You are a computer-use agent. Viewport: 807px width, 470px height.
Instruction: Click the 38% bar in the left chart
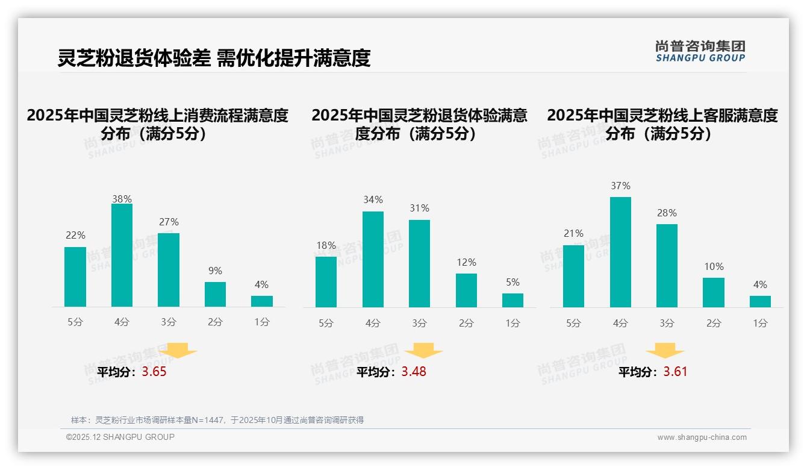[122, 255]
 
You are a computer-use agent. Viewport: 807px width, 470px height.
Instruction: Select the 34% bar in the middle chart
[373, 259]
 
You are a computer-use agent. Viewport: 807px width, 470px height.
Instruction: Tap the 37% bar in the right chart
[620, 252]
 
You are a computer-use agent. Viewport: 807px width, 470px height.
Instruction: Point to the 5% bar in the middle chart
[513, 300]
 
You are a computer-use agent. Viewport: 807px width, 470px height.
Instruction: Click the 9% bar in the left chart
[215, 294]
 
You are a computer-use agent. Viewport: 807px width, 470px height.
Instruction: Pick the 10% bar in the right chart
[713, 292]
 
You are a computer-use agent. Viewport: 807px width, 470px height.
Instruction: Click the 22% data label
[75, 235]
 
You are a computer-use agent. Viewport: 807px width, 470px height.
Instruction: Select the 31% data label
[419, 208]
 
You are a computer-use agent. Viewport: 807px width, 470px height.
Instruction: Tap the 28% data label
[667, 213]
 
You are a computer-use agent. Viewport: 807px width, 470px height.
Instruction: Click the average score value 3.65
[154, 372]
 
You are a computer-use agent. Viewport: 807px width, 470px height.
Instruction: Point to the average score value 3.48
[414, 372]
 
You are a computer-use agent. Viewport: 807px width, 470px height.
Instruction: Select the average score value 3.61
[675, 372]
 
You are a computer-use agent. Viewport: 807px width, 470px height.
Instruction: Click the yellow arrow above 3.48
[423, 351]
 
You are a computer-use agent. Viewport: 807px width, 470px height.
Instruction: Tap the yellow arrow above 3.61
[665, 351]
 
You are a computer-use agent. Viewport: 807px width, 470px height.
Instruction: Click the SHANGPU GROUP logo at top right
[700, 51]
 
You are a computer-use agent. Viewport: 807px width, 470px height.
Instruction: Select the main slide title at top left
[214, 58]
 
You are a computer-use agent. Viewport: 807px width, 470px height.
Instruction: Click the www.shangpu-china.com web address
[702, 437]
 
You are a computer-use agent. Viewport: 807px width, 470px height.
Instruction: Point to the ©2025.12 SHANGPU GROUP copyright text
[120, 437]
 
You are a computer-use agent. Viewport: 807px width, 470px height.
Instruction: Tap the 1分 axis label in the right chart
[760, 323]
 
